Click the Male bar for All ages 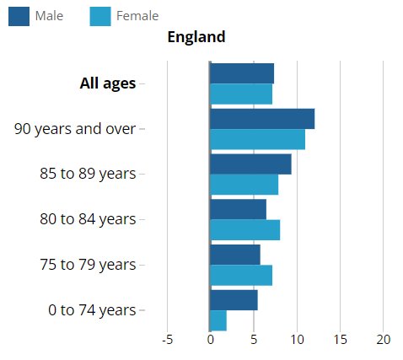click(242, 73)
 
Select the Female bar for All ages click(241, 94)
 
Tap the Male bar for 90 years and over click(262, 119)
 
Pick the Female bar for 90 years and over click(258, 139)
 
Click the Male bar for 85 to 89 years click(250, 164)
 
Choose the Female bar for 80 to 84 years click(245, 230)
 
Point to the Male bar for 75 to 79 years click(235, 255)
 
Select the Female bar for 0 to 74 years click(218, 320)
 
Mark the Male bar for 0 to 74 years click(234, 300)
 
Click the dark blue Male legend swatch click(19, 17)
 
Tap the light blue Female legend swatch click(100, 17)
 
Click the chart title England click(196, 37)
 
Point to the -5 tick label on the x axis click(167, 340)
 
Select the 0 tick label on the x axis click(211, 340)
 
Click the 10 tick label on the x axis click(297, 340)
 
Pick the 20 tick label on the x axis click(384, 340)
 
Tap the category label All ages click(108, 83)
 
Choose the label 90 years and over click(75, 129)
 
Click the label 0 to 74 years click(92, 310)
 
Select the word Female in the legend click(137, 16)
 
